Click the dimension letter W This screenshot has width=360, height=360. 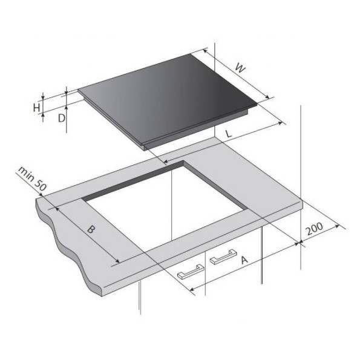(241, 68)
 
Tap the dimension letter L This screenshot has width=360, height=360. (229, 134)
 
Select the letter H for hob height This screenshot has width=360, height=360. (36, 108)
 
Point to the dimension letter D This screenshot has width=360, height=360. (61, 118)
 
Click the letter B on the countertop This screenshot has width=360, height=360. (91, 229)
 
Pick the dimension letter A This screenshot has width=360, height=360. (244, 260)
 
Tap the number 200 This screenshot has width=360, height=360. (315, 229)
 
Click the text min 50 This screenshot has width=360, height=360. (33, 178)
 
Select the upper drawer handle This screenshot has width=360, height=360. (223, 257)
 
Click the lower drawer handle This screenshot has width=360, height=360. (191, 272)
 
